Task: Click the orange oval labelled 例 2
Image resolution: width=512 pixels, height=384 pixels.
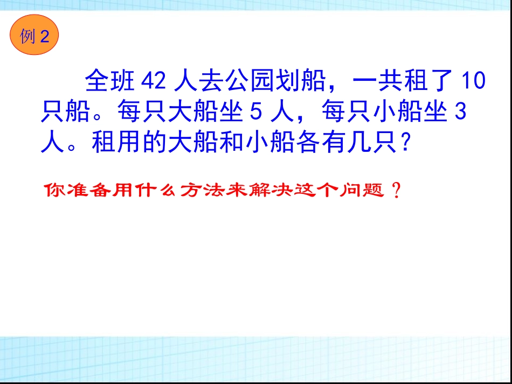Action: pyautogui.click(x=34, y=36)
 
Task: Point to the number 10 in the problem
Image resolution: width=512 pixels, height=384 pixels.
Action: pyautogui.click(x=474, y=81)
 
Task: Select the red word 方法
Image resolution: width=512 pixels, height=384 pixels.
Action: pyautogui.click(x=206, y=191)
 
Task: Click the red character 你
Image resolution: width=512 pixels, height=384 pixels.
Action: pyautogui.click(x=54, y=191)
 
